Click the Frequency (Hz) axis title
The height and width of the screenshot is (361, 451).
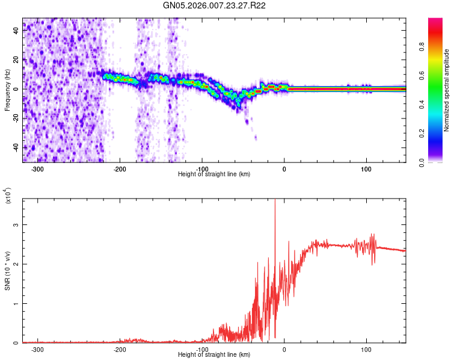point(7,90)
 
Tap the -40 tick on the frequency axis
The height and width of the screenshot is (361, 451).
point(15,147)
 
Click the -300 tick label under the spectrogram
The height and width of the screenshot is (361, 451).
point(37,168)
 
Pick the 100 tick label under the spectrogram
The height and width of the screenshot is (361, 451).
point(366,168)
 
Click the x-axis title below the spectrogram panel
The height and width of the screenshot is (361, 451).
point(214,174)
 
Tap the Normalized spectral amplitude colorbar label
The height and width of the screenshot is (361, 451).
point(447,90)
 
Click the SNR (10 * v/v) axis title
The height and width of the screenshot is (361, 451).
point(7,270)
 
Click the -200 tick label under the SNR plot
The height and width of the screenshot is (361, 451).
point(119,349)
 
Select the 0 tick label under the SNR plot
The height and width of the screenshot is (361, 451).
point(284,349)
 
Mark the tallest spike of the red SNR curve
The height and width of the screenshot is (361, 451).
point(275,201)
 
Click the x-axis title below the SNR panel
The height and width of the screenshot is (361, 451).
point(214,354)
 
